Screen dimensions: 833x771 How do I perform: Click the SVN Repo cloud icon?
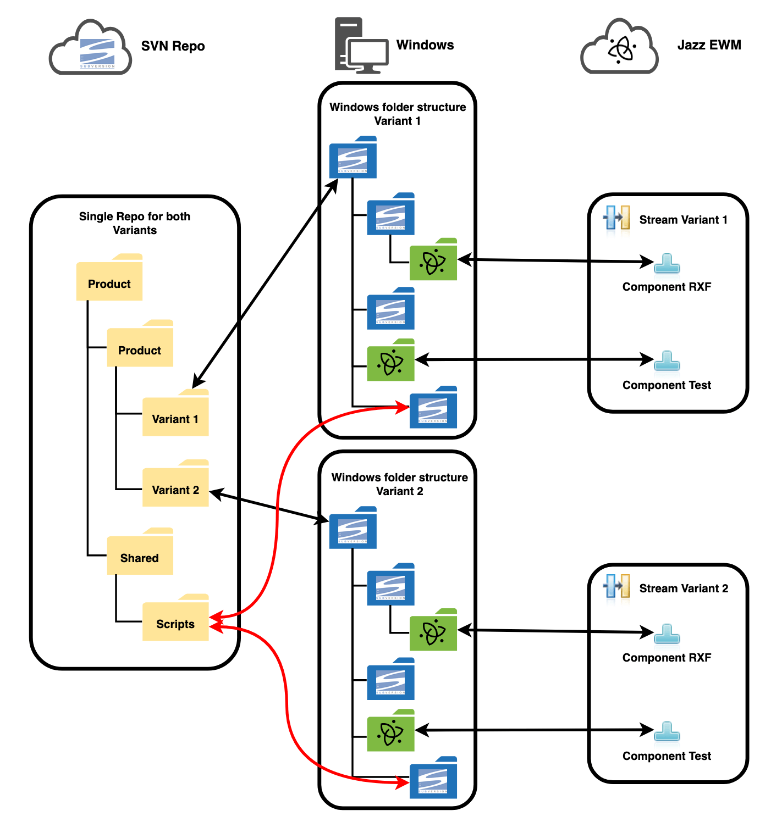point(91,48)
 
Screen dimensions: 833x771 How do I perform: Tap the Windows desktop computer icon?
point(361,46)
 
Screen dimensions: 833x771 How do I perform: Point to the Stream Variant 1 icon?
point(616,218)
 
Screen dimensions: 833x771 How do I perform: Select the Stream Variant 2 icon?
point(616,587)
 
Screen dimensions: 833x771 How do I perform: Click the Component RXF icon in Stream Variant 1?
point(667,264)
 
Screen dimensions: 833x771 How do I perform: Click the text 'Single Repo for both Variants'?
point(135,223)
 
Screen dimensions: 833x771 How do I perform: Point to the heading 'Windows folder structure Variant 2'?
point(400,484)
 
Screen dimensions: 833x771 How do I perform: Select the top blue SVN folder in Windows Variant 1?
point(353,158)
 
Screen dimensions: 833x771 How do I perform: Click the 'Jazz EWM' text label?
point(709,45)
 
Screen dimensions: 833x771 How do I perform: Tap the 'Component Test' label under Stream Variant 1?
point(667,385)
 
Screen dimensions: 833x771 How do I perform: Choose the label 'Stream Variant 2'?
point(684,588)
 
